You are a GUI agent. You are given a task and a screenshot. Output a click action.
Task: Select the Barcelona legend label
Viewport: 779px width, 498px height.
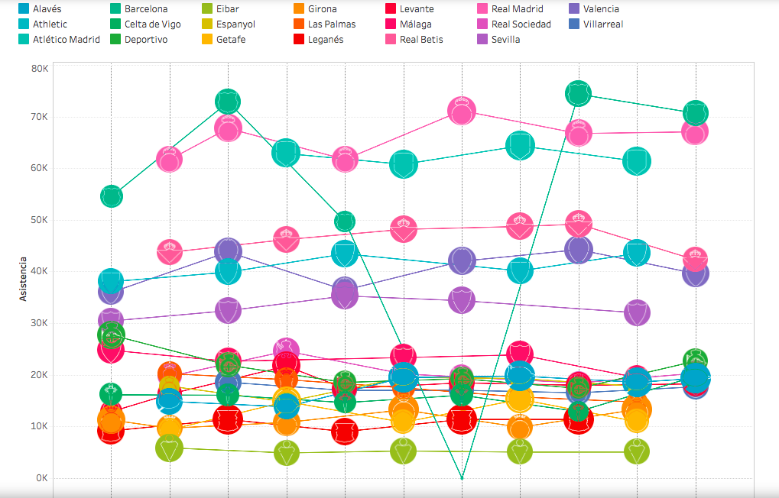pyautogui.click(x=146, y=9)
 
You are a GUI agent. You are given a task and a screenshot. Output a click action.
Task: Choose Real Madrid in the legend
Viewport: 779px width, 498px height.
pyautogui.click(x=518, y=9)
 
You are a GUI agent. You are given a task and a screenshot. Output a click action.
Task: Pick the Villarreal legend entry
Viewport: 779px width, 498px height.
pyautogui.click(x=602, y=24)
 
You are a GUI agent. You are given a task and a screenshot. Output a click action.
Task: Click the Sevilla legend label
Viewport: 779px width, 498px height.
pyautogui.click(x=505, y=40)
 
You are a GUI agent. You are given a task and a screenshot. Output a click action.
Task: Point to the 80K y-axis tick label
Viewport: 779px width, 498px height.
pyautogui.click(x=40, y=69)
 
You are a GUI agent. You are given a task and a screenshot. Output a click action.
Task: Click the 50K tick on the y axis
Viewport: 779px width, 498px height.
pyautogui.click(x=40, y=220)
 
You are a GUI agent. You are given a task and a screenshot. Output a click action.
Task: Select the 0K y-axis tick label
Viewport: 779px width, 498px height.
pyautogui.click(x=41, y=478)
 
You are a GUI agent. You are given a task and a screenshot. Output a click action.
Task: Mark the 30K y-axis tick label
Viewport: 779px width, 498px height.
pyautogui.click(x=40, y=323)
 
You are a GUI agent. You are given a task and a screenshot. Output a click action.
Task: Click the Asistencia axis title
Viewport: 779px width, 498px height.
pyautogui.click(x=24, y=279)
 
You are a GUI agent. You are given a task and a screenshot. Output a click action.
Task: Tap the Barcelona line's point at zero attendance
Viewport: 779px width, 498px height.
pyautogui.click(x=462, y=478)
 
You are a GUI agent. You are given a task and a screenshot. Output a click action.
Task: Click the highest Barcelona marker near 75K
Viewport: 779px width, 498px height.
pyautogui.click(x=579, y=93)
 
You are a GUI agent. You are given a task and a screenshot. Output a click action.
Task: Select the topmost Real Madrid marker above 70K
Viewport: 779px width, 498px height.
pyautogui.click(x=462, y=112)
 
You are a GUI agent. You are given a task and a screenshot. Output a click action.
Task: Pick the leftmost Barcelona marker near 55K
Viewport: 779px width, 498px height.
pyautogui.click(x=111, y=196)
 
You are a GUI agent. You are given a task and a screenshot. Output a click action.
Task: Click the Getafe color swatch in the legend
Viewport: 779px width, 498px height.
pyautogui.click(x=207, y=40)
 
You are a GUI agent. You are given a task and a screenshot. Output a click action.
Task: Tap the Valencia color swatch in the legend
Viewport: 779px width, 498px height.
pyautogui.click(x=574, y=9)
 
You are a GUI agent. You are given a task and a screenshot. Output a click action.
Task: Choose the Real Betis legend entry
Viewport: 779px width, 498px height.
pyautogui.click(x=421, y=40)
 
